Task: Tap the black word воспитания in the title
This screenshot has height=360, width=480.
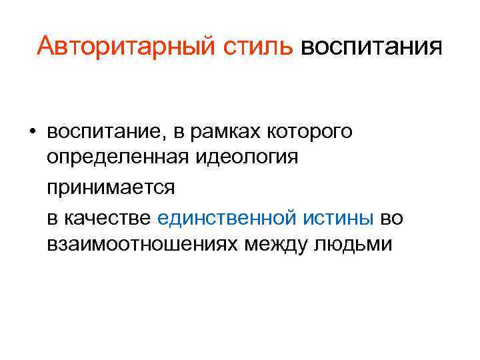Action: [371, 47]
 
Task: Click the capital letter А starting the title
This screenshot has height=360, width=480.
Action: [46, 47]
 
